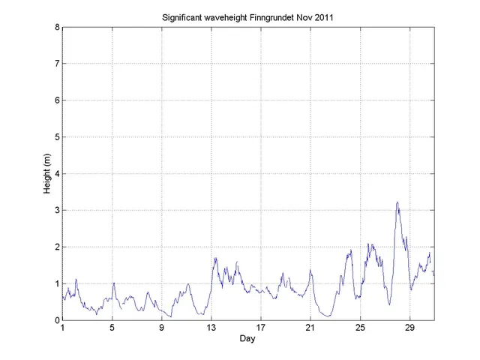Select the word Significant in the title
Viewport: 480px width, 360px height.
(x=184, y=16)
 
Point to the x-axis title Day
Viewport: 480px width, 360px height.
(x=247, y=339)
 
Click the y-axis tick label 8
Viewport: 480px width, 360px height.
(x=57, y=28)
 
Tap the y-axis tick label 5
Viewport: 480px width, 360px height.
(x=57, y=137)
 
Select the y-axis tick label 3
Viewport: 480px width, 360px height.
(x=57, y=211)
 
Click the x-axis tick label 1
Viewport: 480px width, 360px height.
(x=63, y=328)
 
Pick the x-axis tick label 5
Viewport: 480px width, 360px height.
(x=112, y=328)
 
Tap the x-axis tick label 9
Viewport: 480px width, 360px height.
(x=162, y=328)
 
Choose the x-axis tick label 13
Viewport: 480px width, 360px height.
(x=211, y=328)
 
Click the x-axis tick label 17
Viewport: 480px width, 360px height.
(x=261, y=328)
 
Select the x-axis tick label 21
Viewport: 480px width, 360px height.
(x=310, y=328)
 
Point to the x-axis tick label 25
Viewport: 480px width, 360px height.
(x=360, y=328)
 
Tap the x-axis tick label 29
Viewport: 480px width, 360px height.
(x=409, y=328)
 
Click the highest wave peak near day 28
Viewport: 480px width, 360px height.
(x=397, y=202)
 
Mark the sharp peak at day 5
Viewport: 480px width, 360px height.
(x=113, y=283)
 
